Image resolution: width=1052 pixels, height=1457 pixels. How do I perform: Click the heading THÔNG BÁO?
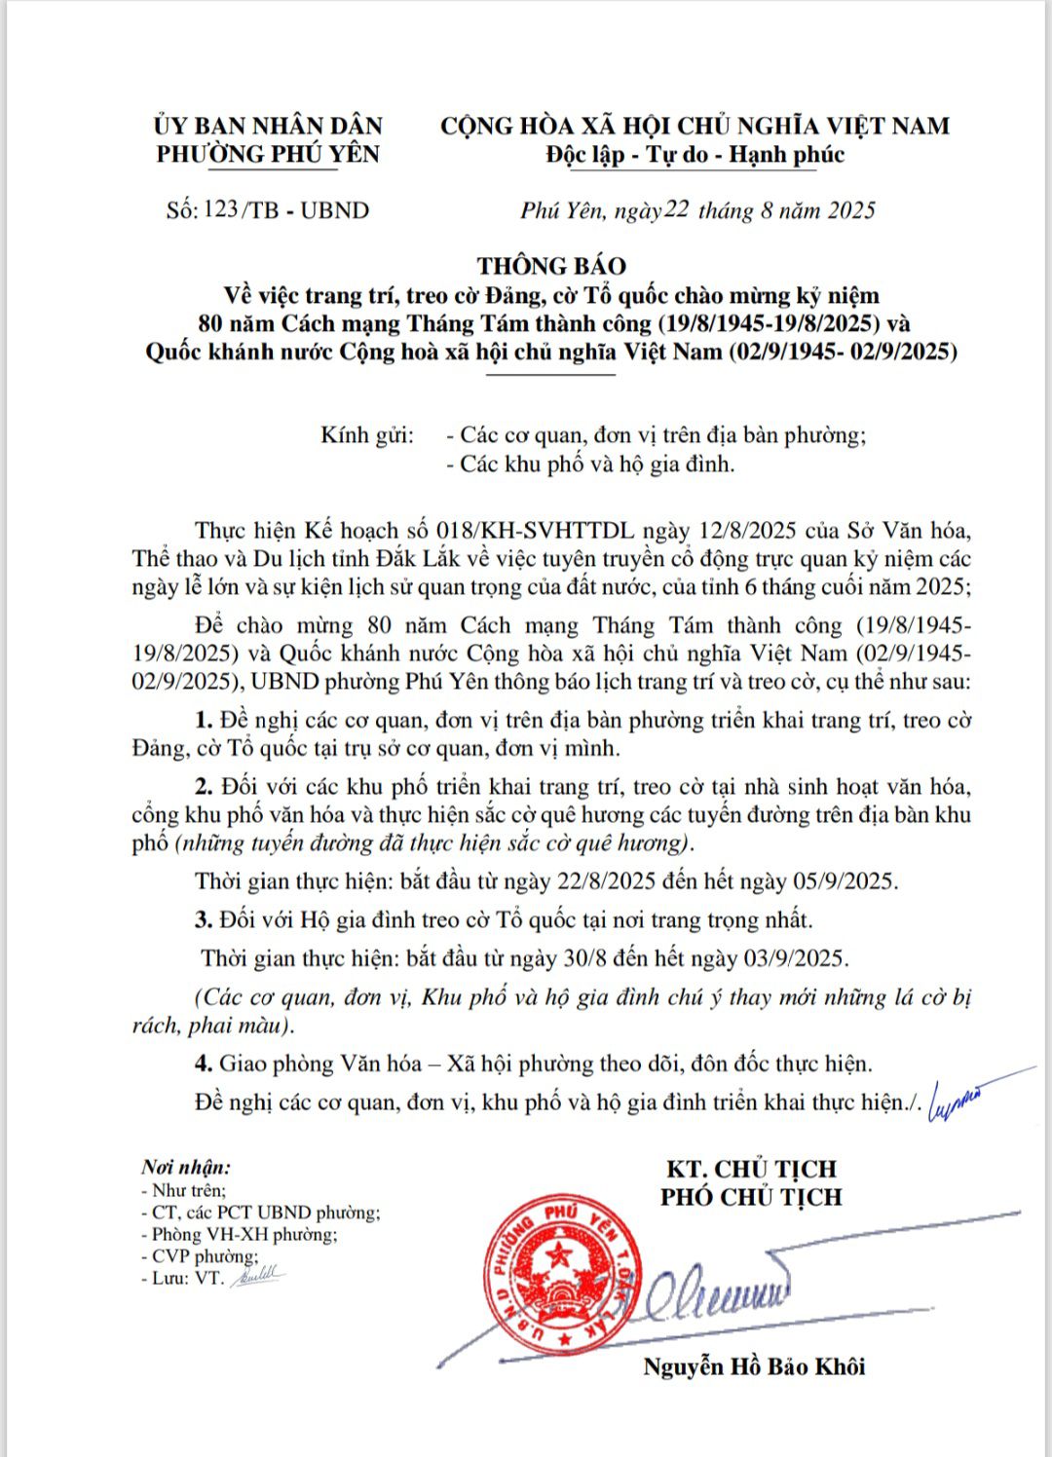(551, 266)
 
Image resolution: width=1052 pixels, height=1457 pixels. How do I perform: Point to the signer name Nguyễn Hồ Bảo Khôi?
(754, 1366)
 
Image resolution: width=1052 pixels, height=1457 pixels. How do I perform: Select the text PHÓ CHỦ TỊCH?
(751, 1197)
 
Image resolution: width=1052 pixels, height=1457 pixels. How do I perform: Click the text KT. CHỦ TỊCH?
(751, 1169)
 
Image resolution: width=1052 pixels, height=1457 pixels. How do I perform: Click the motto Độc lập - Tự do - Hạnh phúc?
(695, 155)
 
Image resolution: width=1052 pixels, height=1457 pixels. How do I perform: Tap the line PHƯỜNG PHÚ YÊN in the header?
(268, 154)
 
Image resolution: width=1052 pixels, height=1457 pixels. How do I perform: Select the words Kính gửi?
(367, 434)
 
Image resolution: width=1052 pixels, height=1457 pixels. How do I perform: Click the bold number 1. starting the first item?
(204, 721)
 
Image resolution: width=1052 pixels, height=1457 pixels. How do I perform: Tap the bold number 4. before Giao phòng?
(204, 1064)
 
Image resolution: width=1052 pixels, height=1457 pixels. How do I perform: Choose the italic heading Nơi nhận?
(185, 1167)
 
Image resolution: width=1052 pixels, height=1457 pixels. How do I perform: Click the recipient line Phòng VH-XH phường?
(244, 1235)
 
